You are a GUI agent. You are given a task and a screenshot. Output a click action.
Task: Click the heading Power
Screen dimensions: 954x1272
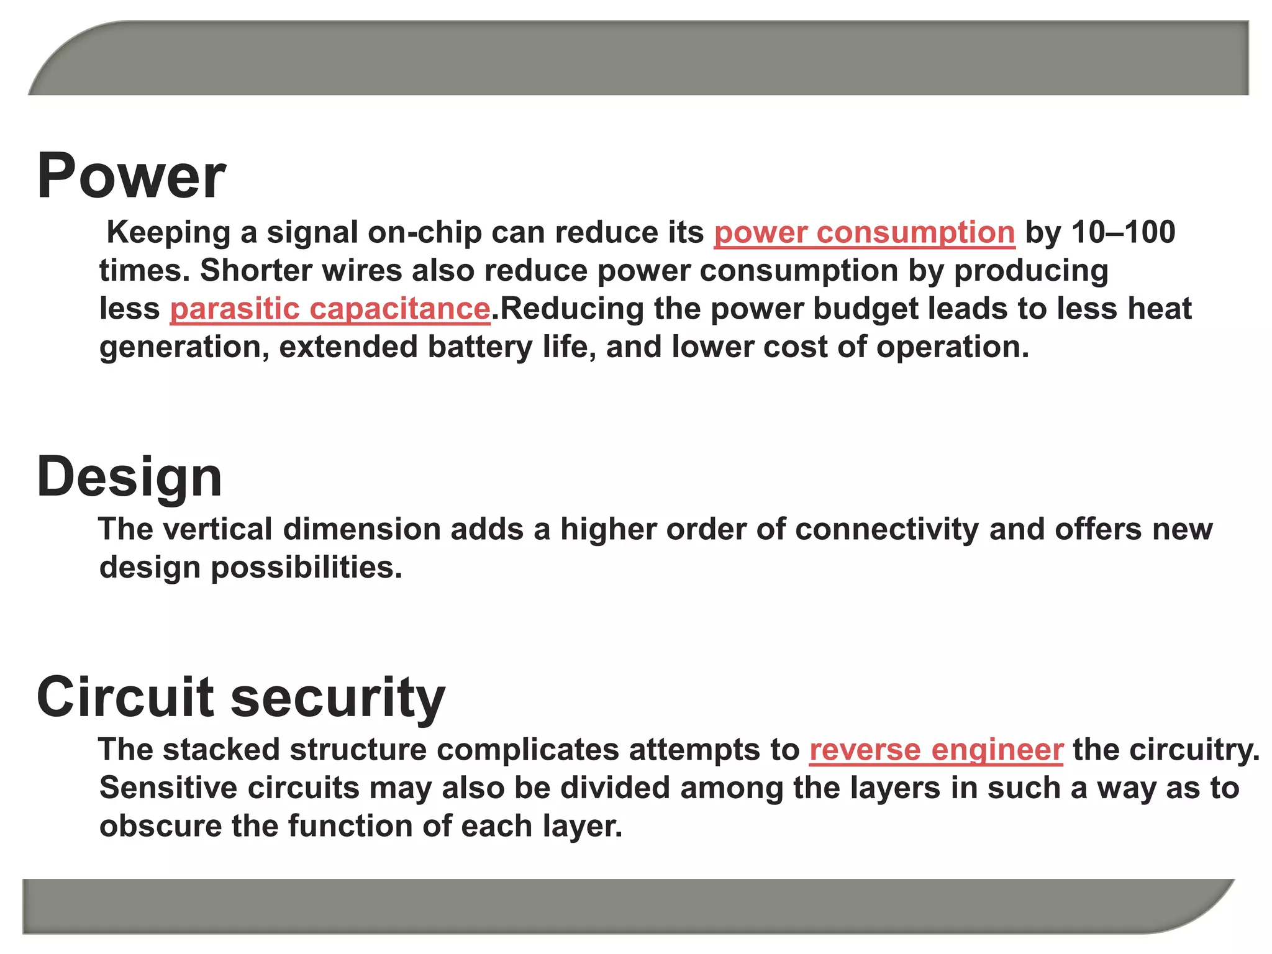tap(131, 176)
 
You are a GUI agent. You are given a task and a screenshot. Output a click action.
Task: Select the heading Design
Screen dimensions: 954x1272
tap(129, 477)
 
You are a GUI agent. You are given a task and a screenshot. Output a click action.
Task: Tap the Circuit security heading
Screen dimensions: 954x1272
tap(241, 697)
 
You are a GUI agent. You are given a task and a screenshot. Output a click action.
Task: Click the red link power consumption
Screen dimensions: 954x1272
tap(864, 233)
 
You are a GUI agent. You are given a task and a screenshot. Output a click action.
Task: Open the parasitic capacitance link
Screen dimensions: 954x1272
tap(330, 309)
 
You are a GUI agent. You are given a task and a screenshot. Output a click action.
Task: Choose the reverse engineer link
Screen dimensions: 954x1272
tap(936, 750)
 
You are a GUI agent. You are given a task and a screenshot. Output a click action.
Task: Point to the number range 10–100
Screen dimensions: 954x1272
tap(1124, 232)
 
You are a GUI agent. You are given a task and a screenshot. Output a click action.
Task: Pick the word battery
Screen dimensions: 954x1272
tap(479, 347)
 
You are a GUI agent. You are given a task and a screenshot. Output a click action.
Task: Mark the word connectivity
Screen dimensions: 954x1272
tap(886, 529)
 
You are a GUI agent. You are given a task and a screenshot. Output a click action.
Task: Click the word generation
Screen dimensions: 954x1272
tap(184, 347)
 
